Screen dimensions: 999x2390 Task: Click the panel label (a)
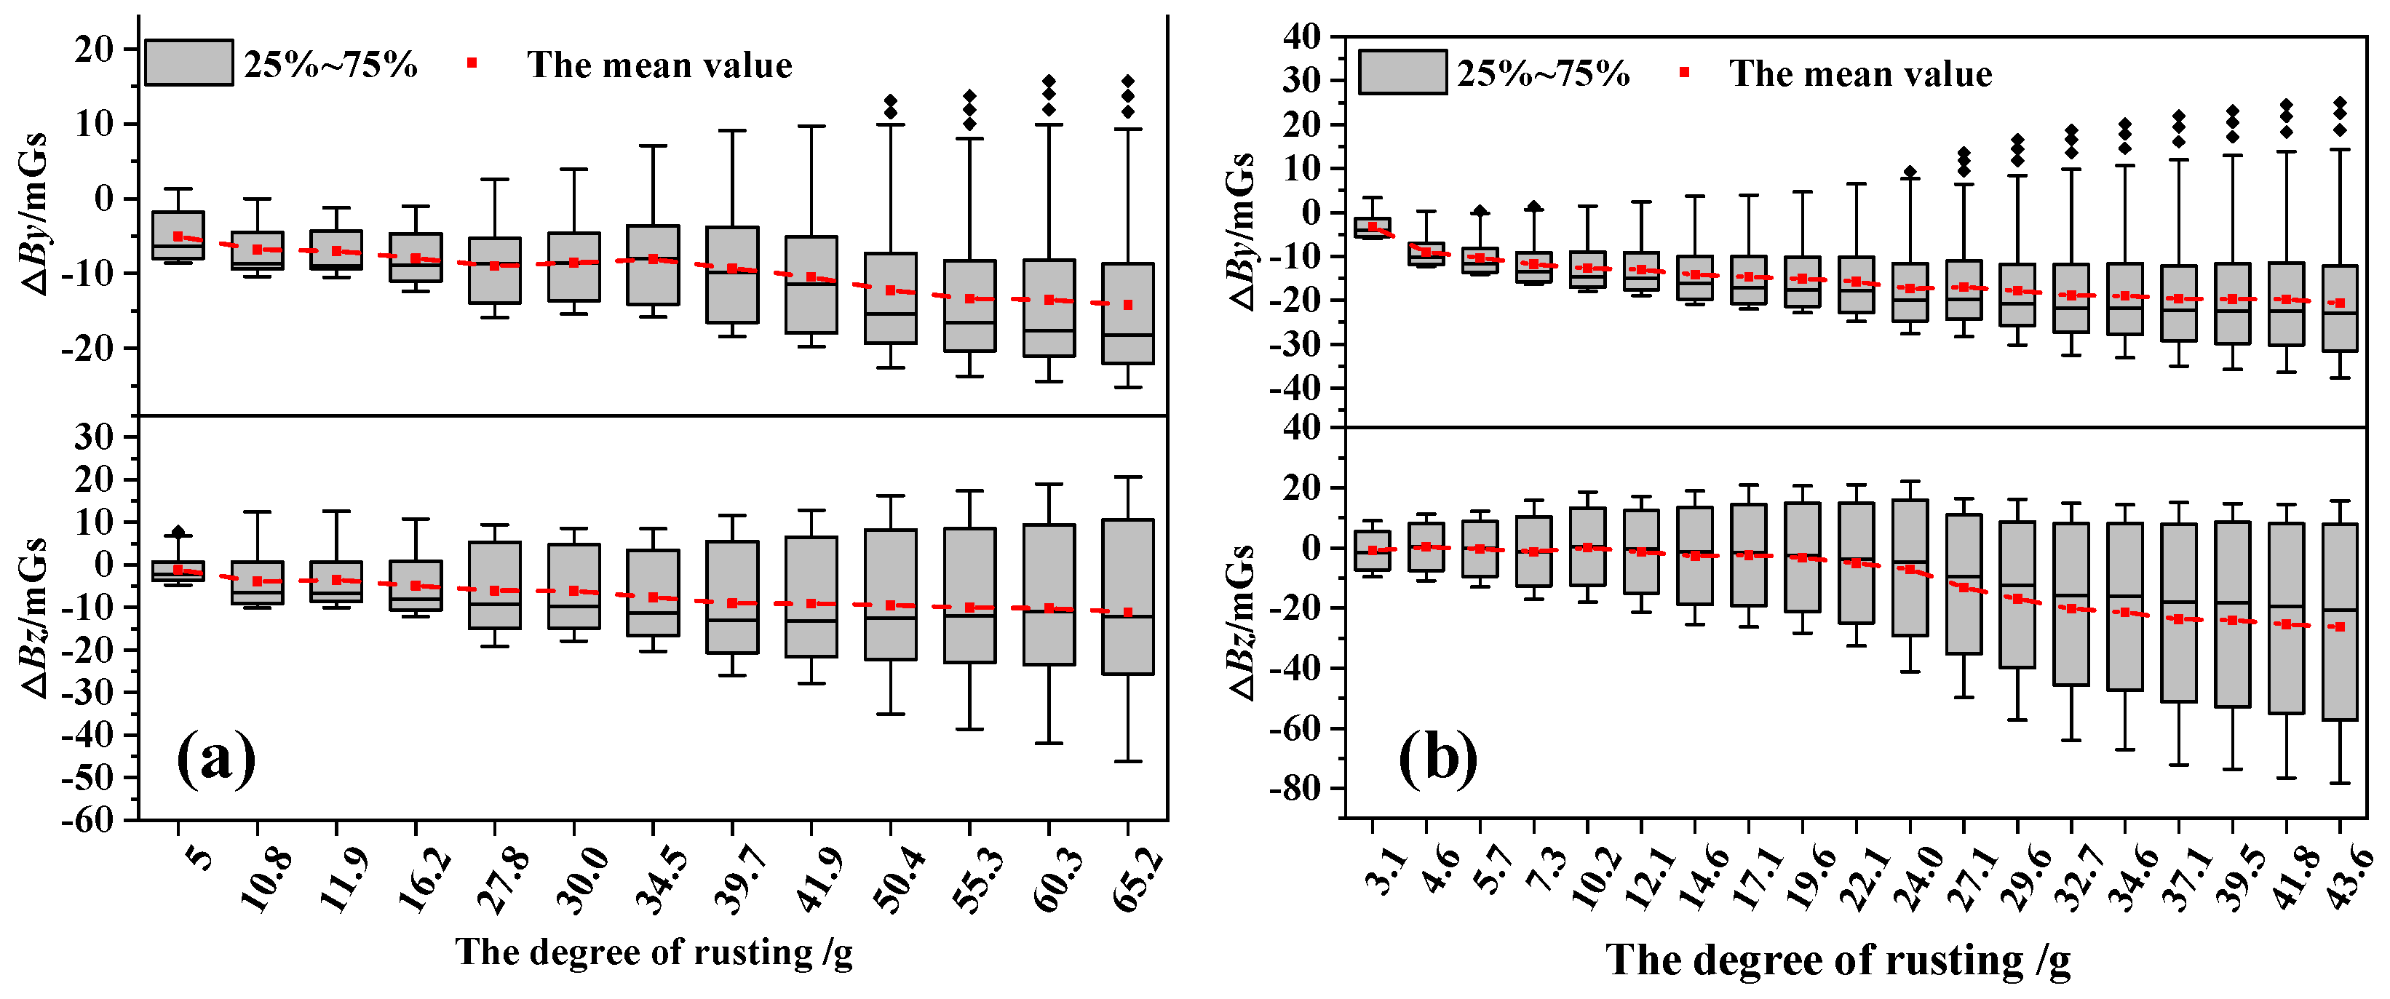(x=215, y=758)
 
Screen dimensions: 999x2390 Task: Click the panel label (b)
(x=1437, y=758)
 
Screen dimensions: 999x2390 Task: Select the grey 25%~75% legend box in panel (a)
(x=189, y=63)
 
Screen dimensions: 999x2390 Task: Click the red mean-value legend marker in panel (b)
(x=1685, y=72)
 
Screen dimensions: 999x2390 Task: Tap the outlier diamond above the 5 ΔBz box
(x=179, y=531)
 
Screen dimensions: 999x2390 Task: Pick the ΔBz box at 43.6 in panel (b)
(x=2340, y=621)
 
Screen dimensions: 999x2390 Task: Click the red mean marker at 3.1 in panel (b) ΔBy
(x=1372, y=226)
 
